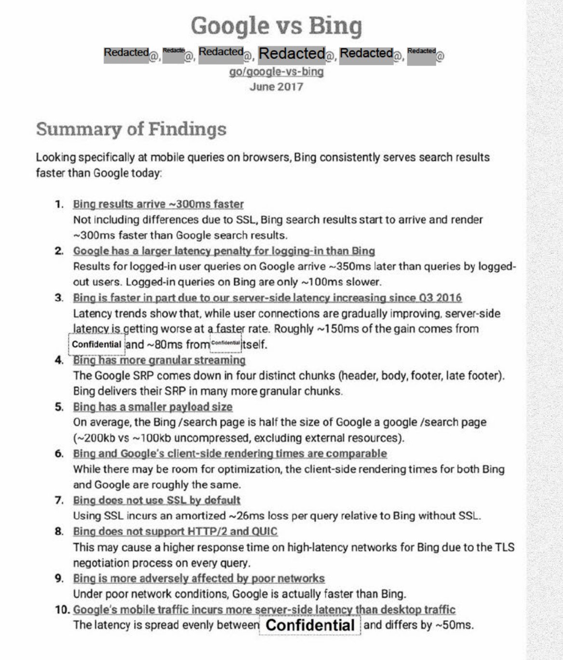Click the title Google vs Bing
pyautogui.click(x=276, y=26)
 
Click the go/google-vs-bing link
pyautogui.click(x=276, y=72)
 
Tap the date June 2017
pyautogui.click(x=276, y=87)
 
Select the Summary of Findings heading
pyautogui.click(x=131, y=129)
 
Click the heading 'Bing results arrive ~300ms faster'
pyautogui.click(x=158, y=204)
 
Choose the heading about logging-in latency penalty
pyautogui.click(x=224, y=251)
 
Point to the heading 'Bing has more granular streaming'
pyautogui.click(x=159, y=360)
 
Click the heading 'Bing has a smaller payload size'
pyautogui.click(x=152, y=407)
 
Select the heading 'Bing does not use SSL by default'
pyautogui.click(x=157, y=500)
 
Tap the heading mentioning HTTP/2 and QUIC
pyautogui.click(x=175, y=531)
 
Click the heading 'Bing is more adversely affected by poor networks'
pyautogui.click(x=199, y=578)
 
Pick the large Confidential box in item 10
pyautogui.click(x=310, y=625)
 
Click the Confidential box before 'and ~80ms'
pyautogui.click(x=96, y=344)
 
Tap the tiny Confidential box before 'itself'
pyautogui.click(x=226, y=343)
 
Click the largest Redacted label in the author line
pyautogui.click(x=292, y=53)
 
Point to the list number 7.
pyautogui.click(x=59, y=500)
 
